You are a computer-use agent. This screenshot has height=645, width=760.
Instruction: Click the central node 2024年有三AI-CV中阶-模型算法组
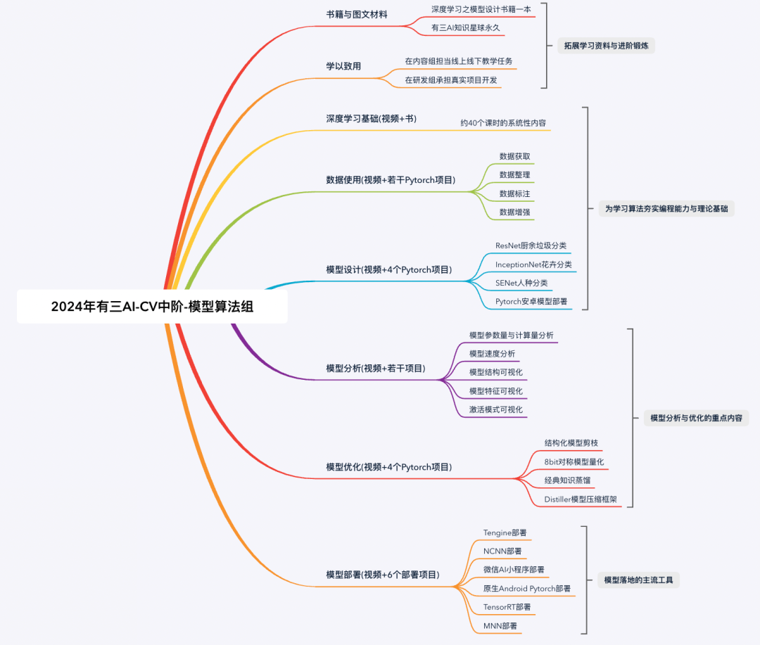click(x=152, y=307)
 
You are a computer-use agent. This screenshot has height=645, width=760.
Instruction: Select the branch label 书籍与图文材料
click(x=356, y=14)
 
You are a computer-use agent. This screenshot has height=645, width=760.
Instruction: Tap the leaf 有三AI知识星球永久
click(x=465, y=27)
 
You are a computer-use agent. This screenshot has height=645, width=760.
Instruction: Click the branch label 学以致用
click(x=343, y=66)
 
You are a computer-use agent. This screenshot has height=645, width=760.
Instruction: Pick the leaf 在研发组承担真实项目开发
click(x=451, y=80)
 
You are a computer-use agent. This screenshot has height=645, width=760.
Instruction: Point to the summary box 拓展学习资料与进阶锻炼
click(x=606, y=46)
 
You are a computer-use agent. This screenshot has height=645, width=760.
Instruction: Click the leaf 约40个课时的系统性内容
click(x=503, y=122)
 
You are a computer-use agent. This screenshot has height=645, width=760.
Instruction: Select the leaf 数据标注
click(x=514, y=193)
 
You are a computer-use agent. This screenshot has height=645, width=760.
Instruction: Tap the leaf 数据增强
click(x=514, y=212)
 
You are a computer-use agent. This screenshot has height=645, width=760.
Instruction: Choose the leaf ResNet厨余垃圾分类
click(x=531, y=245)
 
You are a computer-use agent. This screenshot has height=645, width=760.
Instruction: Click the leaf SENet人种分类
click(x=521, y=283)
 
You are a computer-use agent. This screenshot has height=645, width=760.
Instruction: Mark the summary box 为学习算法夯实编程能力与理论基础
click(x=666, y=209)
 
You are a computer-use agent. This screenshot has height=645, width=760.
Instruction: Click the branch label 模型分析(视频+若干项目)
click(x=375, y=368)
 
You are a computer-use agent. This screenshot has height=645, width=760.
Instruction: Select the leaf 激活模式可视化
click(x=496, y=409)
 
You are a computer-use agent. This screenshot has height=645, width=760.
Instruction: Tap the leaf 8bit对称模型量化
click(x=574, y=462)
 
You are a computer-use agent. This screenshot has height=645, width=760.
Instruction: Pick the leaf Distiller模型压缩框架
click(x=581, y=499)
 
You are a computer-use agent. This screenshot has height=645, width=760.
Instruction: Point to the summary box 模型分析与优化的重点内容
click(x=695, y=418)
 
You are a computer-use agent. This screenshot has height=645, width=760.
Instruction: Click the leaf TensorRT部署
click(x=507, y=607)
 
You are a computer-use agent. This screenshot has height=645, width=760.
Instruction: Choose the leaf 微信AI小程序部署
click(x=513, y=570)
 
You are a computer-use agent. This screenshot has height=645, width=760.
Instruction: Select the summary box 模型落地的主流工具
click(x=638, y=580)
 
